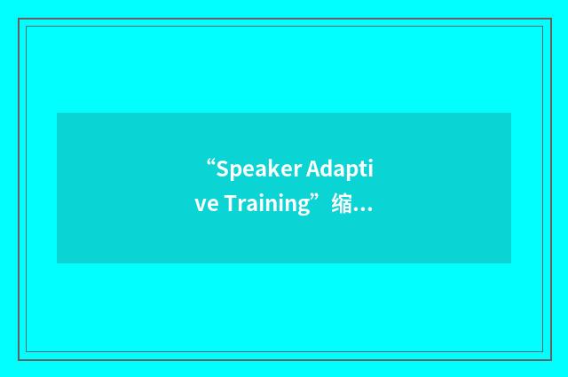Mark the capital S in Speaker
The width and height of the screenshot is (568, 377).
[x=222, y=169]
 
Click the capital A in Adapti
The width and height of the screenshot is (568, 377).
[x=315, y=169]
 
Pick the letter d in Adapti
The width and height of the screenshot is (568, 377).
[x=327, y=169]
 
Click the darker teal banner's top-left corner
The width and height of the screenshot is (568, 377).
[x=58, y=114]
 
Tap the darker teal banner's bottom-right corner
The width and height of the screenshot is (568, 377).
[x=510, y=263]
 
